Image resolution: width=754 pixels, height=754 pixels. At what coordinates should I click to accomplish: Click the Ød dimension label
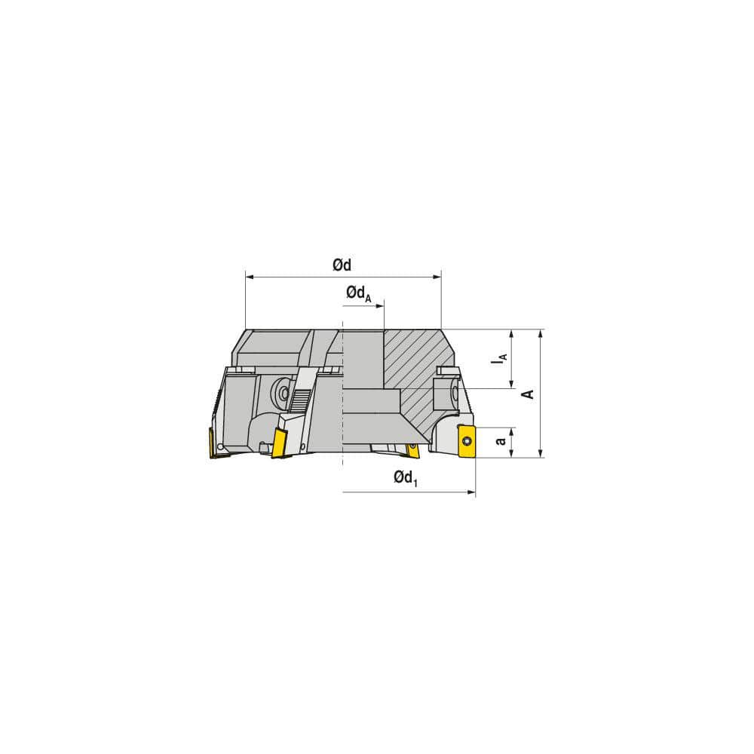point(342,265)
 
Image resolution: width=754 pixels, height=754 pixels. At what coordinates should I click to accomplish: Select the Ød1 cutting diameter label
point(405,478)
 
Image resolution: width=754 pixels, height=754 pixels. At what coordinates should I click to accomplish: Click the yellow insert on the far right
point(467,440)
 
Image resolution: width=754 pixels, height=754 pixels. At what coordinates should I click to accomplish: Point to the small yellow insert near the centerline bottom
point(412,450)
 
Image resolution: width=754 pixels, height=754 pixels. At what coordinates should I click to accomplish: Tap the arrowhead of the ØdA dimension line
point(379,306)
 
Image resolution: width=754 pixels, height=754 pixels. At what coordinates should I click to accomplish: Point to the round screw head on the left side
point(281,391)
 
